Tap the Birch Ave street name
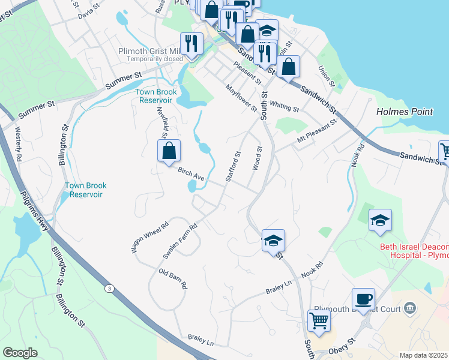191,175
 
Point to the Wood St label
257,158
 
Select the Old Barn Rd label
173,279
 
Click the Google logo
20,353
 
